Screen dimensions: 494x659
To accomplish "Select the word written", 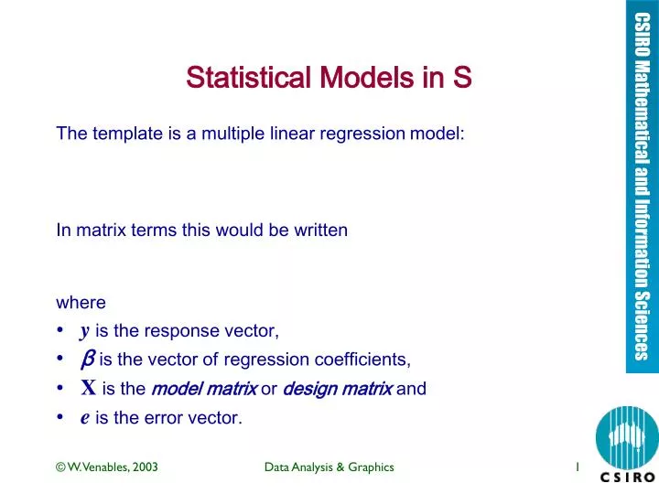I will tap(317, 231).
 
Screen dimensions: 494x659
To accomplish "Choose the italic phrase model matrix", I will tap(203, 387).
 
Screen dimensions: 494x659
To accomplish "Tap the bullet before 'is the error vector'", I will tap(59, 415).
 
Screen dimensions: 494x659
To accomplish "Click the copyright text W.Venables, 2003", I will tap(106, 467).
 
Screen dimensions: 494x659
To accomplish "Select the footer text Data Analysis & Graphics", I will tap(329, 467).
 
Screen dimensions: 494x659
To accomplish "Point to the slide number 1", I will tap(578, 467).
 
